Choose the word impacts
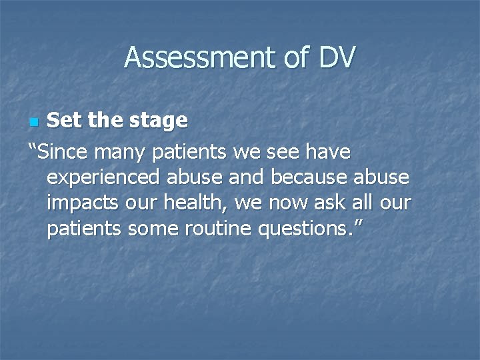[82, 203]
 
